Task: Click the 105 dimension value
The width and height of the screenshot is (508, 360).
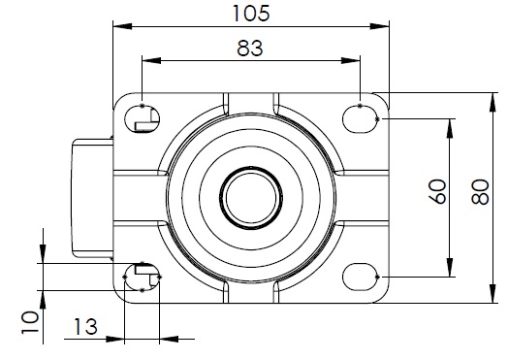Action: point(251,14)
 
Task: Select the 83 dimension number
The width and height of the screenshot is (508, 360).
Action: point(250,49)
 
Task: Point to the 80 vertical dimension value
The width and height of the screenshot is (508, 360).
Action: point(481,192)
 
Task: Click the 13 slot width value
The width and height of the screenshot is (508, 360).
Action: point(85,327)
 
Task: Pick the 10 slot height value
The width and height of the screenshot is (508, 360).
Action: point(30,322)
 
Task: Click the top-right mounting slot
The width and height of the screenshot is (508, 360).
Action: point(361,119)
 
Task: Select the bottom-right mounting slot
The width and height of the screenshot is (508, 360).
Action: point(361,277)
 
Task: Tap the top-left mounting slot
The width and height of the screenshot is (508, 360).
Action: point(143,119)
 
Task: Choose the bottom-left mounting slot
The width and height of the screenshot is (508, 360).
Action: point(143,277)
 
